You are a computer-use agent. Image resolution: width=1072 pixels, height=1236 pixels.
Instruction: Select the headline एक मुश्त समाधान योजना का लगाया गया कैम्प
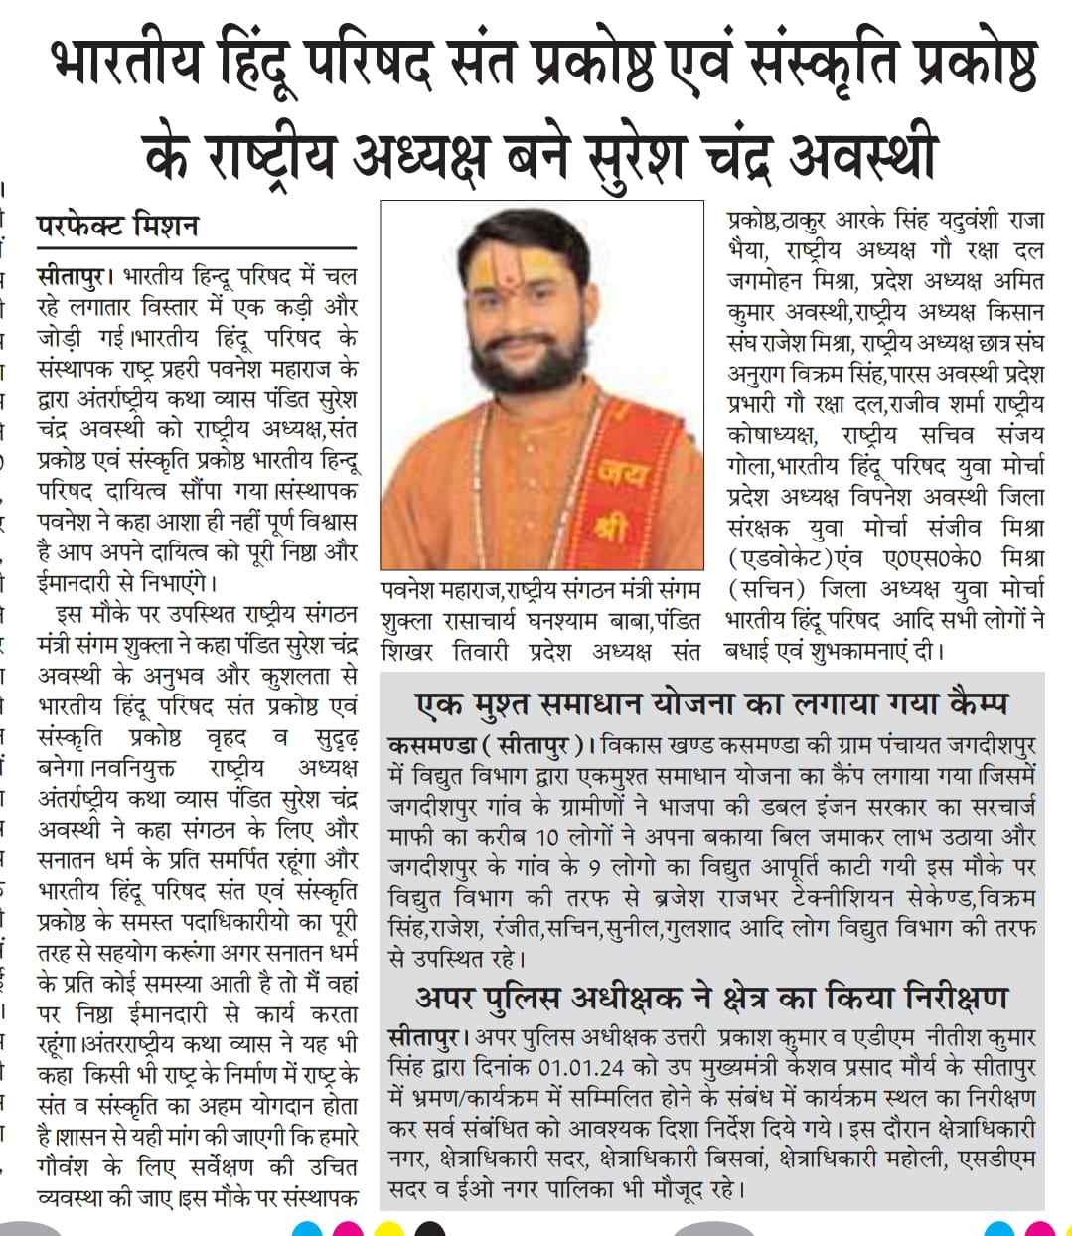click(x=711, y=704)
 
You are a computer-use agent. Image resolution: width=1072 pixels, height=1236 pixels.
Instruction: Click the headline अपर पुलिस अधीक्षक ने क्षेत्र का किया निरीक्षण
click(x=711, y=997)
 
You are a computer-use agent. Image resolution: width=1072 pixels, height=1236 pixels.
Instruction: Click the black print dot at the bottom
click(x=428, y=1229)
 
